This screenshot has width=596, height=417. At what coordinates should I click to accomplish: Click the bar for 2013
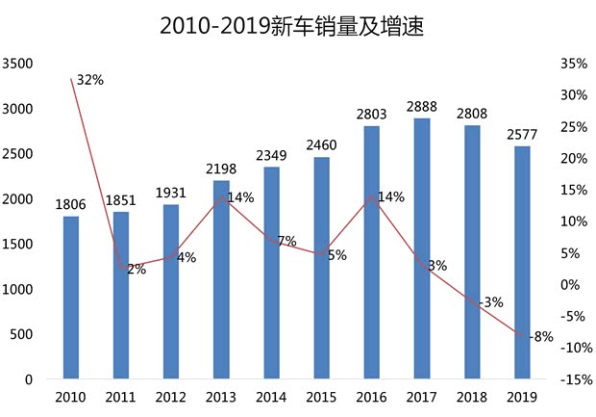coord(221,279)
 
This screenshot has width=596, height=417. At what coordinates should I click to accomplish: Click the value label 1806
coord(71,204)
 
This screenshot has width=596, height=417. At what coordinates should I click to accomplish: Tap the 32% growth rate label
coord(89,79)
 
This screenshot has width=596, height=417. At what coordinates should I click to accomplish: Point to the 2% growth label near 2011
coord(136,270)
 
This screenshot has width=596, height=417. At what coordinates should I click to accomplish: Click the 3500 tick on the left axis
coord(18,64)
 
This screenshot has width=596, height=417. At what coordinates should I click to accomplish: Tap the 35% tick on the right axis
coord(572,64)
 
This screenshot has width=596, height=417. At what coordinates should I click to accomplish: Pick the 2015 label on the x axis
coord(321,396)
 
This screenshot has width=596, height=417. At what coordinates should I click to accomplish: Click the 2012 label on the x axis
coord(171,396)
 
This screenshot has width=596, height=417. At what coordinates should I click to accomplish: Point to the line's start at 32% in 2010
coord(71,79)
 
